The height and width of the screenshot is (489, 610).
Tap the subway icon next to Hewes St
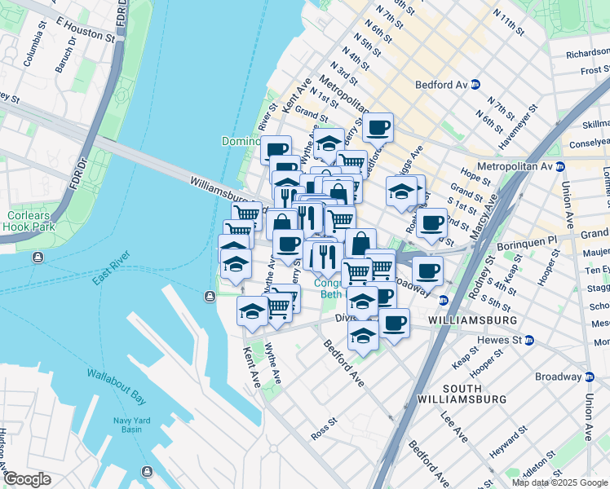[529, 340]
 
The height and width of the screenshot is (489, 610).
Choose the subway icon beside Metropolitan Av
[560, 166]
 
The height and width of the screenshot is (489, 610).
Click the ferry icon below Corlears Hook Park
[38, 258]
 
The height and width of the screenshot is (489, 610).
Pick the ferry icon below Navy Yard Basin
[147, 471]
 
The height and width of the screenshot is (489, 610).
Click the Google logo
[28, 478]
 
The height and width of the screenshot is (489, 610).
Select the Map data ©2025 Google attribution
[559, 482]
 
